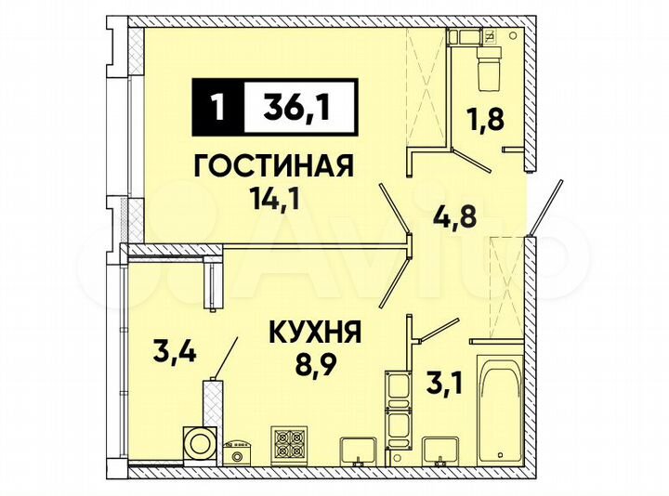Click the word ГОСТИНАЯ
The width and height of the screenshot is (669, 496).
[273, 166]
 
